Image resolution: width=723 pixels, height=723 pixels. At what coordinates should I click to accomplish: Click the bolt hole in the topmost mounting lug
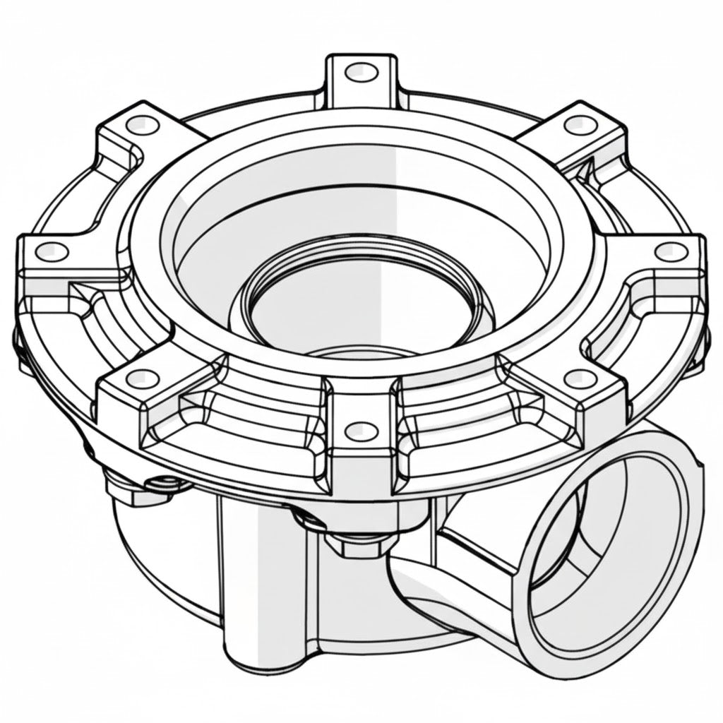coord(361,71)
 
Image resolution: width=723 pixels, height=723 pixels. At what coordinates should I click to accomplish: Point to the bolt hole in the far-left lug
coord(50,250)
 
